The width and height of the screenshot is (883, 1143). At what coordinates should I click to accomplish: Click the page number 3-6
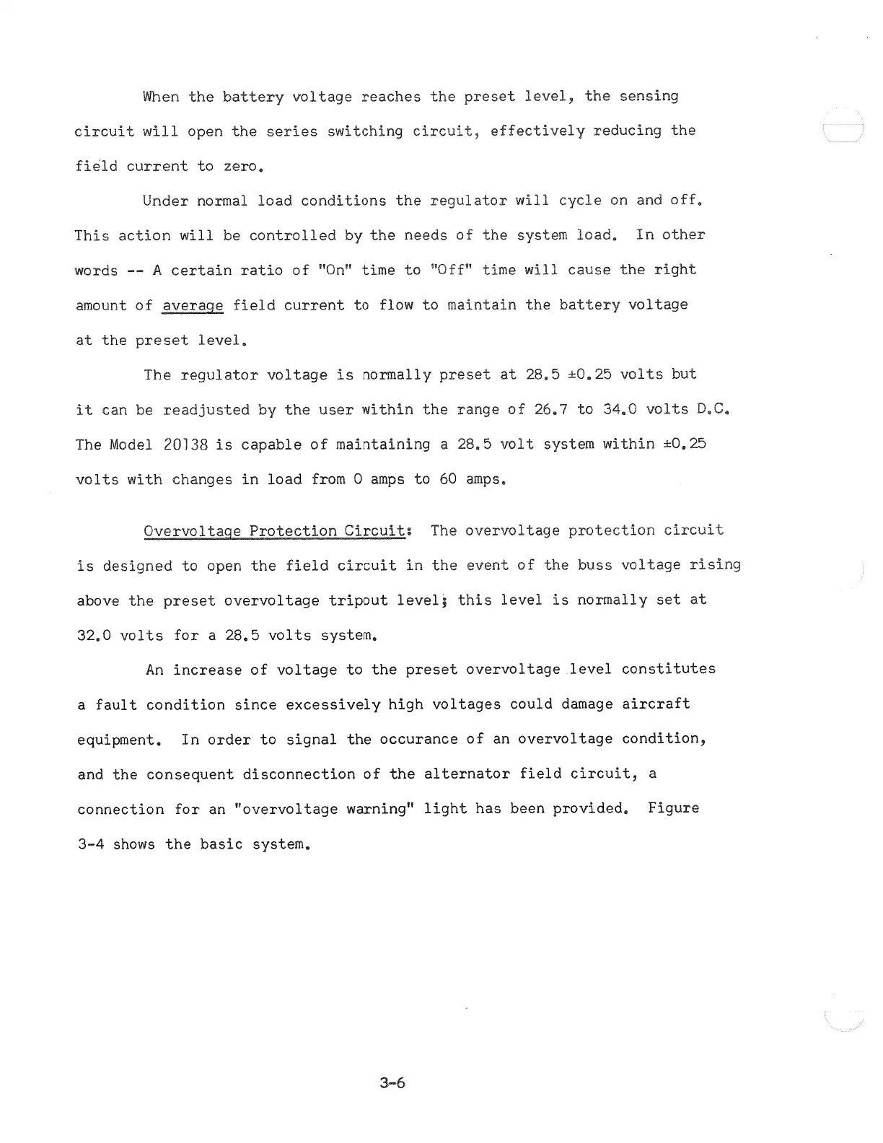coord(392,1082)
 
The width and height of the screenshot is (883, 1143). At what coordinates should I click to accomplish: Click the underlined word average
coord(193,306)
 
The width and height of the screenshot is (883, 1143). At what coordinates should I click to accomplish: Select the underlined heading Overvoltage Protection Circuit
coord(274,532)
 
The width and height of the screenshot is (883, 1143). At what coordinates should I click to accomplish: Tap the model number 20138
coord(185,445)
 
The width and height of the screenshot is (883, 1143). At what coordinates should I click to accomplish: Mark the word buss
coord(594,566)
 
